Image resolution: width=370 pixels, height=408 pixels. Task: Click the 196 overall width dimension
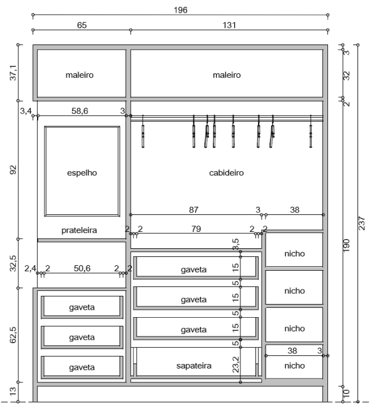(180, 10)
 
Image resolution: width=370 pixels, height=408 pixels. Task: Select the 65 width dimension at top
(81, 25)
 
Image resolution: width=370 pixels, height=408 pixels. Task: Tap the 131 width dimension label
(229, 25)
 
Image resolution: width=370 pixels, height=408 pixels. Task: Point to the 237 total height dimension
(362, 223)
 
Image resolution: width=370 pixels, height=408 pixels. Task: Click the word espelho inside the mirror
(82, 173)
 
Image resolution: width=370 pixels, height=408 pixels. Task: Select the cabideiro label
(227, 173)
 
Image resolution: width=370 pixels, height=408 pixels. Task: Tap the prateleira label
(79, 230)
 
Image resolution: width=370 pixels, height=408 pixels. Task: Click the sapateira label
(193, 366)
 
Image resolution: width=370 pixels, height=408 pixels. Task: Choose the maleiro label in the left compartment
(80, 75)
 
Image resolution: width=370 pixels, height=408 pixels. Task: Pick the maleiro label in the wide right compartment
(227, 75)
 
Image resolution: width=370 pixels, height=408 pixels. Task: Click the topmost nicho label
(294, 253)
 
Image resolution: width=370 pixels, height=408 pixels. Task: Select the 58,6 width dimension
(80, 111)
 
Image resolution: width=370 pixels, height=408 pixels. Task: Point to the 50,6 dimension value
(82, 268)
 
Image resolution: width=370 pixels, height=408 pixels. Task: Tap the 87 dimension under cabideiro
(193, 210)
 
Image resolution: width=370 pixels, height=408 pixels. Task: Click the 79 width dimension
(196, 229)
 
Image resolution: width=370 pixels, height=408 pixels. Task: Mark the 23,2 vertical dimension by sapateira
(235, 365)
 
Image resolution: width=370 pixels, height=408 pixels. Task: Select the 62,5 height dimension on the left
(13, 335)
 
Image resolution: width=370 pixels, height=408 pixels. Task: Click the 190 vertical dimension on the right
(346, 246)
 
